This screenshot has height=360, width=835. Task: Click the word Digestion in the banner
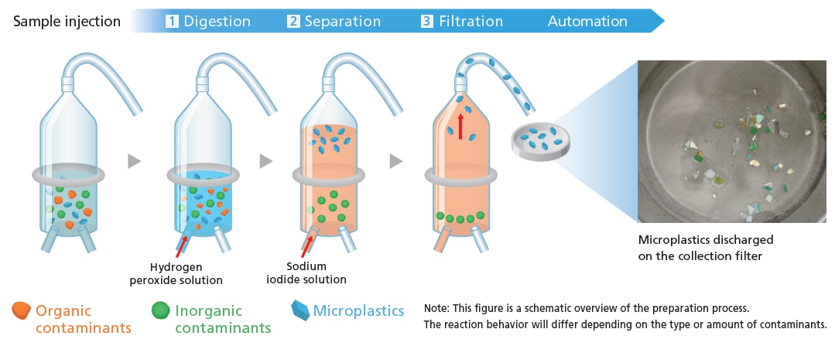click(x=217, y=22)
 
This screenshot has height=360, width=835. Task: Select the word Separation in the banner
click(x=342, y=22)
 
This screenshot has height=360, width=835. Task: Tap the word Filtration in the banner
click(x=471, y=22)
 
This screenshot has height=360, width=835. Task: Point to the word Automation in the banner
click(x=587, y=22)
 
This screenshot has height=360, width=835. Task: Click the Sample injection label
click(x=67, y=22)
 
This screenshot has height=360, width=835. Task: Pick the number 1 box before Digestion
click(x=172, y=22)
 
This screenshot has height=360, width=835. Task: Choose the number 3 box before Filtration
click(x=426, y=22)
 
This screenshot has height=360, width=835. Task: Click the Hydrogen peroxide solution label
click(x=176, y=273)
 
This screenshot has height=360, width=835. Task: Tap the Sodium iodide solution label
click(x=306, y=273)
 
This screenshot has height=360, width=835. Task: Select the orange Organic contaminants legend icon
click(x=21, y=310)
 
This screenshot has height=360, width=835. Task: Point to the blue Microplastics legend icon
click(x=300, y=310)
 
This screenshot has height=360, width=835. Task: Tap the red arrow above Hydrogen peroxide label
click(x=181, y=248)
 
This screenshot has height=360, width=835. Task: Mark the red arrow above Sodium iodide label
click(x=306, y=247)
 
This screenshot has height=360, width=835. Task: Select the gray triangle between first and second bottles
click(x=134, y=161)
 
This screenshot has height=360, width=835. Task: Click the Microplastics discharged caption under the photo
click(x=706, y=248)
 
